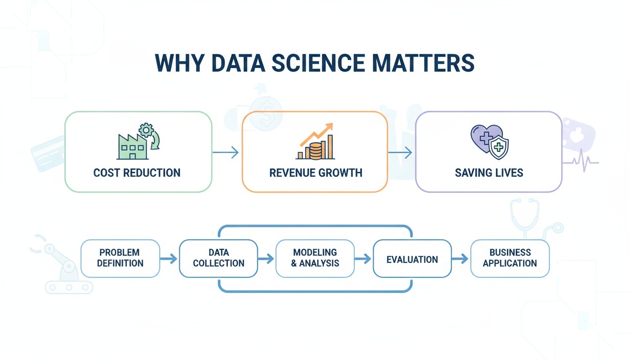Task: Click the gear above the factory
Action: tap(147, 130)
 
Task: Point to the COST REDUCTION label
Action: tap(137, 172)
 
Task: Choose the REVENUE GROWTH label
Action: tap(315, 172)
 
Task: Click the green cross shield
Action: tap(499, 148)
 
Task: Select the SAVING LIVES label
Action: tap(489, 172)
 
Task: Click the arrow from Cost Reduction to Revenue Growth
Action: tap(226, 152)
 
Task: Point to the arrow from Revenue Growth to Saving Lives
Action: tap(401, 152)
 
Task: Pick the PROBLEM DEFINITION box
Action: tap(120, 258)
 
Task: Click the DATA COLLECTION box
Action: tap(218, 258)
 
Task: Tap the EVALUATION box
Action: tap(412, 259)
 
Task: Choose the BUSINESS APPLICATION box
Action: tap(510, 258)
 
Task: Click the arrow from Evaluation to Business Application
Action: tap(460, 258)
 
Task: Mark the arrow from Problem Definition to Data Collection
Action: tap(169, 258)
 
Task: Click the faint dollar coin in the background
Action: tap(266, 113)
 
